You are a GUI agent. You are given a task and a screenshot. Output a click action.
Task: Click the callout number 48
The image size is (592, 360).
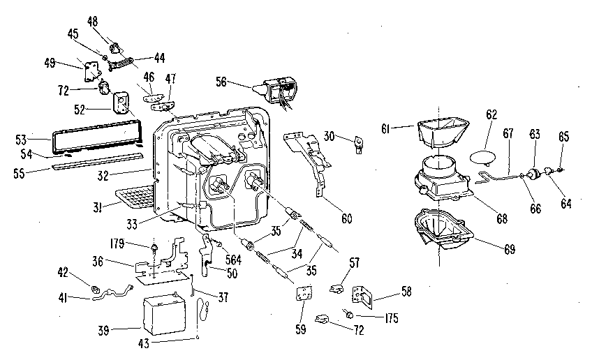[x=92, y=21]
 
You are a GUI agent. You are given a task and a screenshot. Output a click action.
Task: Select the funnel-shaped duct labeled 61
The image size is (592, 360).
[x=440, y=132]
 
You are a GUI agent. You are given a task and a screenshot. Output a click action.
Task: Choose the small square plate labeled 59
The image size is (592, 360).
[x=302, y=296]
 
